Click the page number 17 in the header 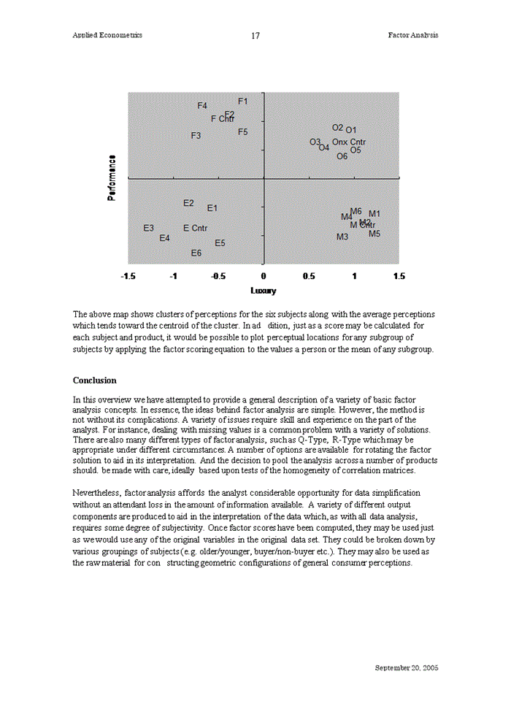coord(255,36)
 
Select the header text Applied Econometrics coord(107,35)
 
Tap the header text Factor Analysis coord(413,35)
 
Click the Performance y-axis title coord(112,178)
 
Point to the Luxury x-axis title coord(264,291)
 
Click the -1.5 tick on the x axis coord(128,277)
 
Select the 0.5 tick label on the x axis coord(309,277)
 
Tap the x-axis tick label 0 coord(264,277)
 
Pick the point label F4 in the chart coord(203,106)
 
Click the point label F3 coord(196,136)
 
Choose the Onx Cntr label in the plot coord(349,142)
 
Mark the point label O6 coord(342,156)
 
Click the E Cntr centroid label coord(196,229)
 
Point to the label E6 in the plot coord(196,253)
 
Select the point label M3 coord(342,237)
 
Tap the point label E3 coord(148,229)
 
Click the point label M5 coord(374,234)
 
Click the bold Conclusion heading coord(94,380)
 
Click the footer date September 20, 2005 coord(407,668)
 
